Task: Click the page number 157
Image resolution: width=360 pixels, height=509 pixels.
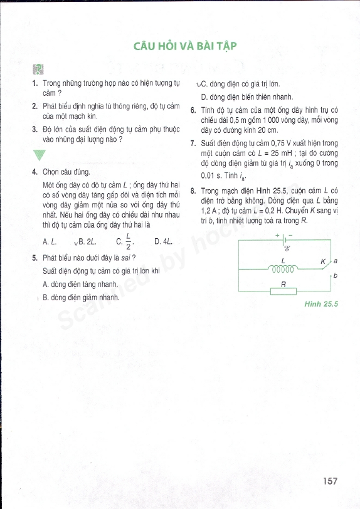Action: point(330,481)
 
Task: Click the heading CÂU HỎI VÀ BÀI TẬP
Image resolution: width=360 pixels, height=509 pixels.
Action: point(179,46)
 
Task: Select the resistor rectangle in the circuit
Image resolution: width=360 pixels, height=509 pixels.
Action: point(283,290)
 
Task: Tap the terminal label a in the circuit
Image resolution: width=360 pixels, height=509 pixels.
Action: point(336,260)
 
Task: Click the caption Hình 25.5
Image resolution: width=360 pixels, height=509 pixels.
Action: point(321,304)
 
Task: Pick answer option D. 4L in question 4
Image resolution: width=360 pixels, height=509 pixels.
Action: point(162,241)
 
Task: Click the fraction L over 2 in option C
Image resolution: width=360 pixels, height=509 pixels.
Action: point(129,241)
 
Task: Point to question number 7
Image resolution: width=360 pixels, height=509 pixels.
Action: point(194,144)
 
